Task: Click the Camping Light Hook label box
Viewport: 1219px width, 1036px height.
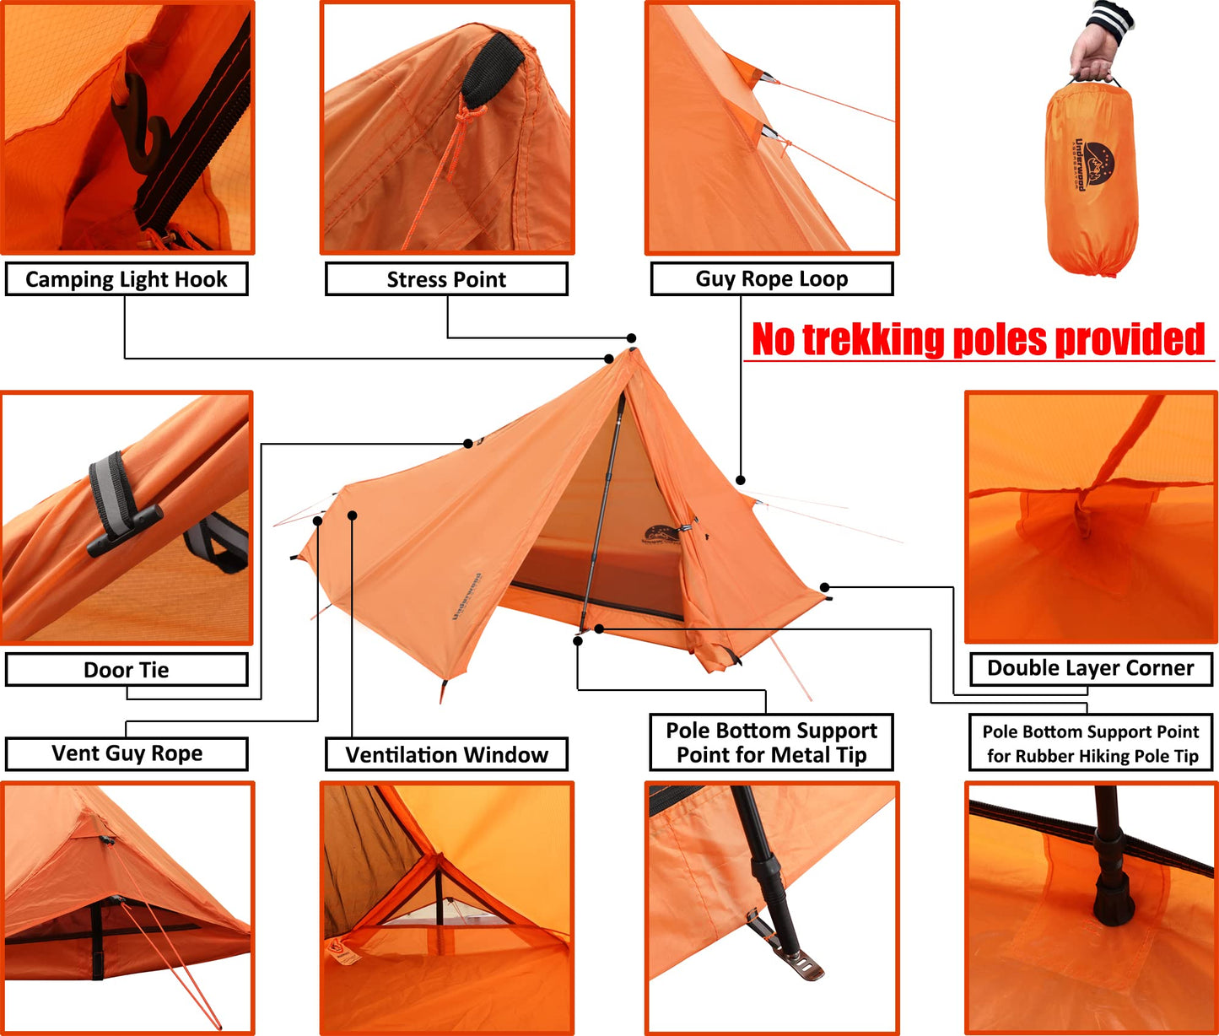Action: (127, 279)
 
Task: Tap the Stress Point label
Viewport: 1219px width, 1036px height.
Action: (446, 279)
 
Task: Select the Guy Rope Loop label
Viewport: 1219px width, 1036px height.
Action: (771, 278)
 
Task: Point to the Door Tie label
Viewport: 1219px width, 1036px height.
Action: (127, 669)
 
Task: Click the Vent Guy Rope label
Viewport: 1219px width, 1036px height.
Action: (127, 753)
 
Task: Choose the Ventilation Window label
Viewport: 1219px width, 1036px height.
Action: (446, 754)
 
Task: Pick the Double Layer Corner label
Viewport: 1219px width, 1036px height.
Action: (1091, 668)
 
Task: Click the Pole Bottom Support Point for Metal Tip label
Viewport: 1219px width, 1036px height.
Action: (771, 742)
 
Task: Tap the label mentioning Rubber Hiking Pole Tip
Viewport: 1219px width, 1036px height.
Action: (1091, 743)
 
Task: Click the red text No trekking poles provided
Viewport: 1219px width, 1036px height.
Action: (978, 339)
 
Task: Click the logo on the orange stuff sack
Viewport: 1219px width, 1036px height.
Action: (1093, 165)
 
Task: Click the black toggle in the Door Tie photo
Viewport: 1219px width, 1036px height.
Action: (125, 531)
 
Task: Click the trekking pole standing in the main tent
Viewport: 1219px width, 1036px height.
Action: (601, 512)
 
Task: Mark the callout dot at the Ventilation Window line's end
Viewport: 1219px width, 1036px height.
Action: (352, 515)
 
